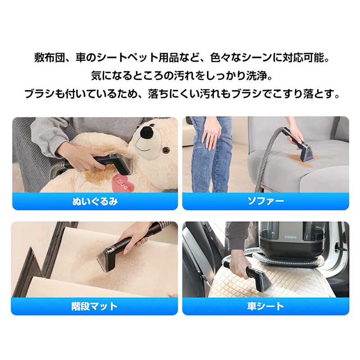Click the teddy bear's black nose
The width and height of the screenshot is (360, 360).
point(147,132)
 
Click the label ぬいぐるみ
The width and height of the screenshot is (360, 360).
point(95,201)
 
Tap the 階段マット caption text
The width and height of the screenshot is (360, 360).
point(95,306)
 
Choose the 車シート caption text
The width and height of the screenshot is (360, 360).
point(265,306)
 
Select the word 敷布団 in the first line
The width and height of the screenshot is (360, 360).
point(47,58)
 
